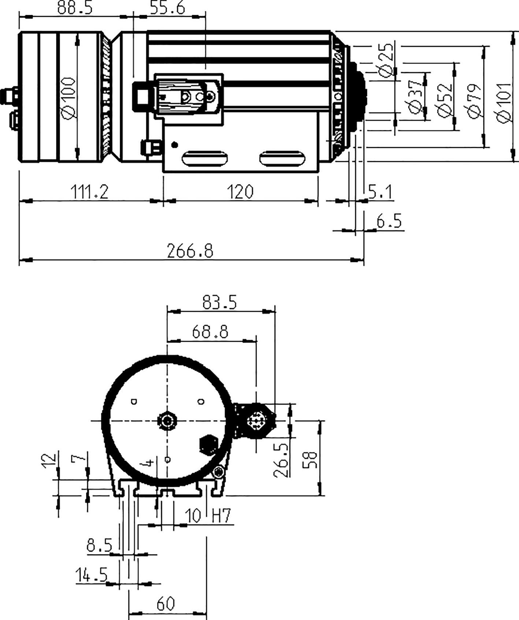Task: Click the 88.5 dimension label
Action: click(x=75, y=8)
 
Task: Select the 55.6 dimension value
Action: click(x=168, y=8)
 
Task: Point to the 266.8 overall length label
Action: click(x=190, y=251)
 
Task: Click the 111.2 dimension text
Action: click(x=89, y=192)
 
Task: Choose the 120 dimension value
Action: click(x=240, y=192)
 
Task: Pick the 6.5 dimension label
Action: click(x=389, y=221)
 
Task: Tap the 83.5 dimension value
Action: click(x=220, y=303)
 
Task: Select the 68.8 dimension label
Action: click(x=210, y=332)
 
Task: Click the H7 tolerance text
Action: click(x=222, y=516)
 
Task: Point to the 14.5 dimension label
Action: click(x=92, y=575)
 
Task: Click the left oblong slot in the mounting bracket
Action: click(x=205, y=159)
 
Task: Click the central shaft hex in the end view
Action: click(x=167, y=421)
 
